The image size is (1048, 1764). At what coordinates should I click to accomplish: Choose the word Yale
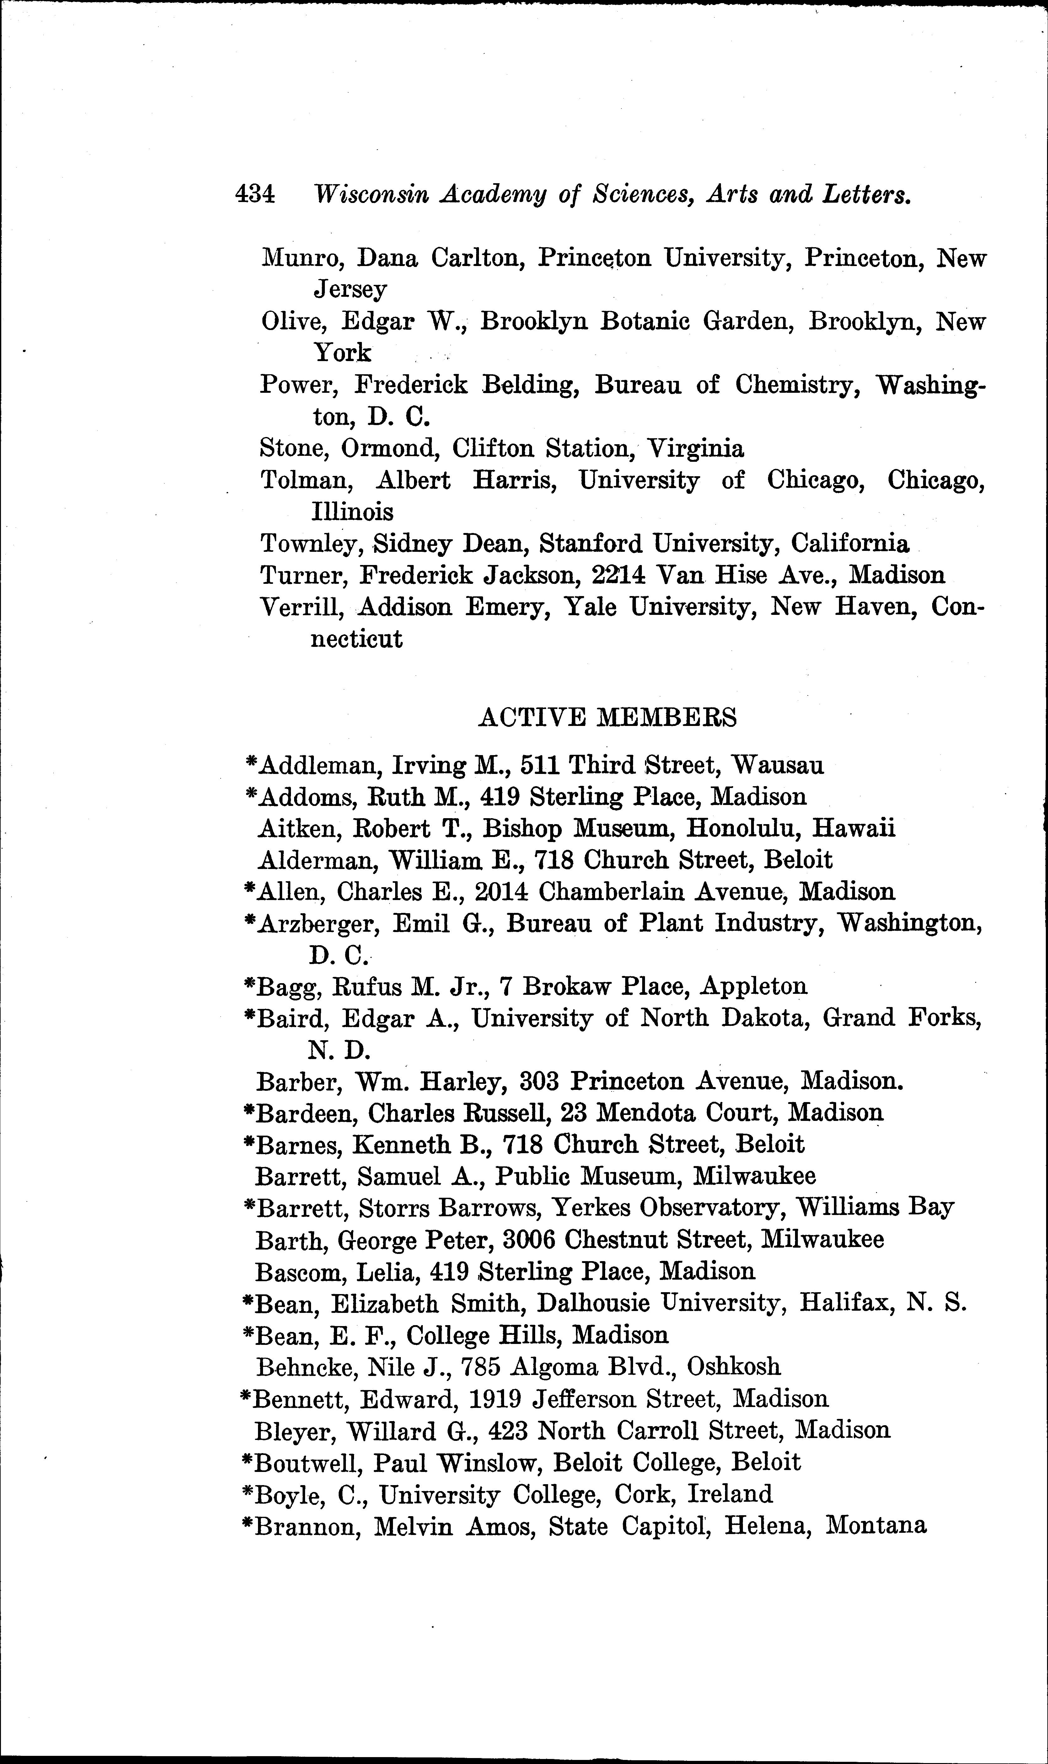point(592,606)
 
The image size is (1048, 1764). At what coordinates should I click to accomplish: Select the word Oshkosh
point(734,1366)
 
